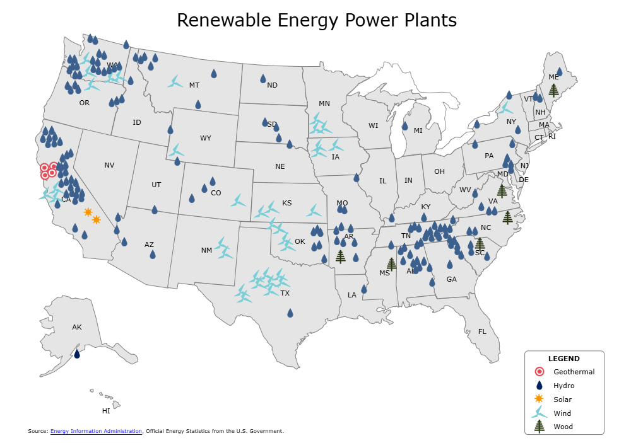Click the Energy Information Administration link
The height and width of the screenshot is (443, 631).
pyautogui.click(x=96, y=431)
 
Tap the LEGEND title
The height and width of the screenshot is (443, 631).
pyautogui.click(x=563, y=359)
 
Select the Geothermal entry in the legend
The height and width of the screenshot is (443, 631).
pyautogui.click(x=573, y=372)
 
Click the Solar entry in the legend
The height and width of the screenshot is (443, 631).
pyautogui.click(x=562, y=400)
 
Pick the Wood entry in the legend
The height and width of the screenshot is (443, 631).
pyautogui.click(x=562, y=427)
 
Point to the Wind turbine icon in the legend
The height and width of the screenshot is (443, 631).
pyautogui.click(x=539, y=413)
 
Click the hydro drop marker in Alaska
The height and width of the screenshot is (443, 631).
pyautogui.click(x=77, y=354)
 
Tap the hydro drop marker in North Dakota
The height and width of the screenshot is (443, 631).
pyautogui.click(x=263, y=79)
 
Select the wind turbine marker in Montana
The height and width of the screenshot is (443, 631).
pyautogui.click(x=175, y=82)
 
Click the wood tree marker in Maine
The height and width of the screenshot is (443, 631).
pyautogui.click(x=553, y=89)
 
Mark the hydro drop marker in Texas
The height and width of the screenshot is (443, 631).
pyautogui.click(x=290, y=313)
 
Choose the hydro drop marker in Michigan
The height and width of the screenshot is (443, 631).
pyautogui.click(x=404, y=126)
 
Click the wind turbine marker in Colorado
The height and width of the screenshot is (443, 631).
pyautogui.click(x=238, y=201)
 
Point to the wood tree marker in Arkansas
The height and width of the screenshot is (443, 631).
pyautogui.click(x=341, y=256)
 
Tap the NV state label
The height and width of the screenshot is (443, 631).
pyautogui.click(x=109, y=165)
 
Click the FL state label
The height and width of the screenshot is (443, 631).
pyautogui.click(x=482, y=331)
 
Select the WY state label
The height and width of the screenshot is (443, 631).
pyautogui.click(x=206, y=138)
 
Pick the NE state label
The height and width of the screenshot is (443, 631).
pyautogui.click(x=280, y=166)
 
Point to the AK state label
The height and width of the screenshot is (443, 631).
pyautogui.click(x=77, y=327)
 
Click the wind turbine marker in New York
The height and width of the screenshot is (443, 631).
pyautogui.click(x=504, y=108)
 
